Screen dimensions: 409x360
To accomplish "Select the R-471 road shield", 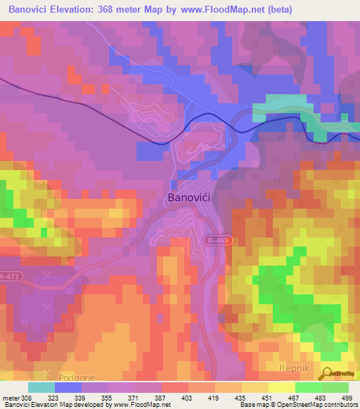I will (x=9, y=276).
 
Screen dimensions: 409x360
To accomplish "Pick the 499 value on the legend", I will (x=347, y=398).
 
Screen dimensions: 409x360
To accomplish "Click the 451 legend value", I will (x=267, y=398).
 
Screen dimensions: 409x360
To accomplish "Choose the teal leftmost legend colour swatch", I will (x=41, y=387).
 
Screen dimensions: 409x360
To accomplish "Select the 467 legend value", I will (x=294, y=398).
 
